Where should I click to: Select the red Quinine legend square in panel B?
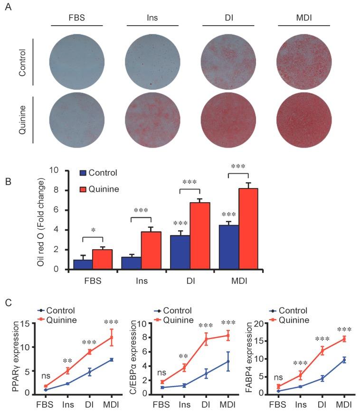84,189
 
